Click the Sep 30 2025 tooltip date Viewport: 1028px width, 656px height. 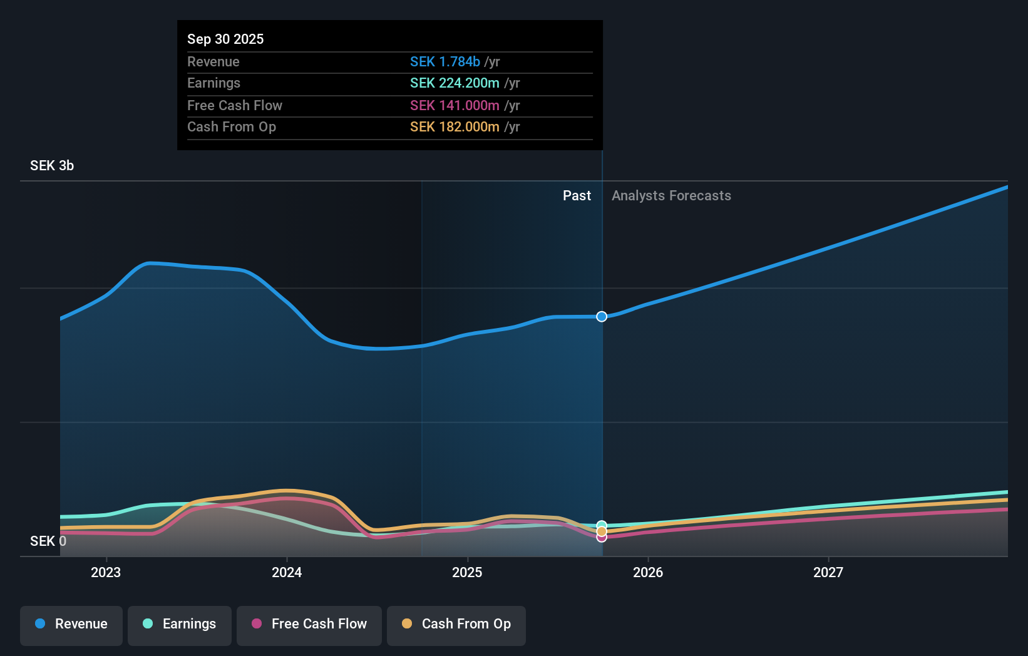click(x=225, y=39)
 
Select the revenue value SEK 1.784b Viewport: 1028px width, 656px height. click(x=445, y=61)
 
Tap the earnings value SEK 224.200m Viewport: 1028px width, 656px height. click(x=455, y=83)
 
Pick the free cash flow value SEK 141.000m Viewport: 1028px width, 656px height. click(x=455, y=105)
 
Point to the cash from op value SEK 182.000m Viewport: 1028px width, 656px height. click(x=455, y=127)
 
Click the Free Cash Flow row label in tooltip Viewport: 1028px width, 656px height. click(x=235, y=105)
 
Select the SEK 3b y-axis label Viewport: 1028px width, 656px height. click(x=52, y=166)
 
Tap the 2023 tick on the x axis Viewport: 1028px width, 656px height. click(x=106, y=572)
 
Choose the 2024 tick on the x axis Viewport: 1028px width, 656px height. click(x=287, y=572)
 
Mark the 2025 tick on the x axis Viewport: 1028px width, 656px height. click(x=467, y=572)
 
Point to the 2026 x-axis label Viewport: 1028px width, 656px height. click(x=648, y=572)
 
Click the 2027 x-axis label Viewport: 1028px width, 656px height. click(x=828, y=572)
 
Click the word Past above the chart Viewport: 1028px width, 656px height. click(x=577, y=196)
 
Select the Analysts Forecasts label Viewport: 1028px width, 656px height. click(x=671, y=196)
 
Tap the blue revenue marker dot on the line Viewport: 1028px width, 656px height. click(x=602, y=317)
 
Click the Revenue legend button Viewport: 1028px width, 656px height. click(x=71, y=624)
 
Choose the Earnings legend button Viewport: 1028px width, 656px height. click(x=180, y=624)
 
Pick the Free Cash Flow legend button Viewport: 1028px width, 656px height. click(x=309, y=624)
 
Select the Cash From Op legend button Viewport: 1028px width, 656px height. click(x=456, y=624)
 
